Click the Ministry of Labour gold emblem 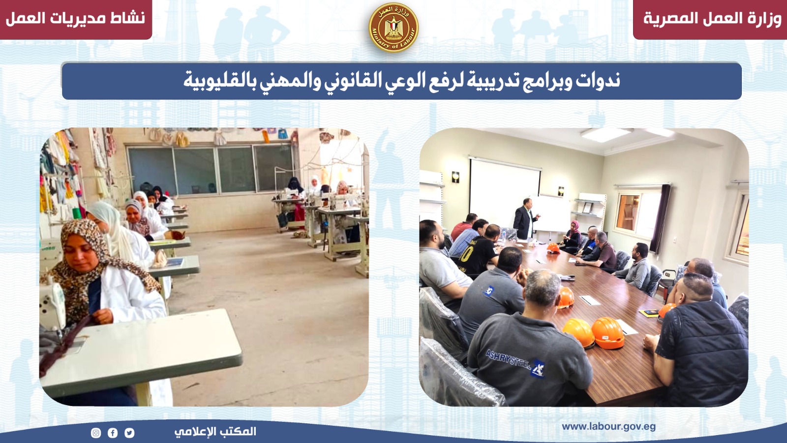(393, 28)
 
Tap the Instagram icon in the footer (95, 433)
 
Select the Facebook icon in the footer (113, 433)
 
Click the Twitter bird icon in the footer (129, 433)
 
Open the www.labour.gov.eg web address (608, 427)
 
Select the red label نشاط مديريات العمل (76, 18)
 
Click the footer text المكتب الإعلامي (215, 431)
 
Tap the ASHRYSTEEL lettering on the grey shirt (508, 359)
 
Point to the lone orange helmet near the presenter (553, 248)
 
